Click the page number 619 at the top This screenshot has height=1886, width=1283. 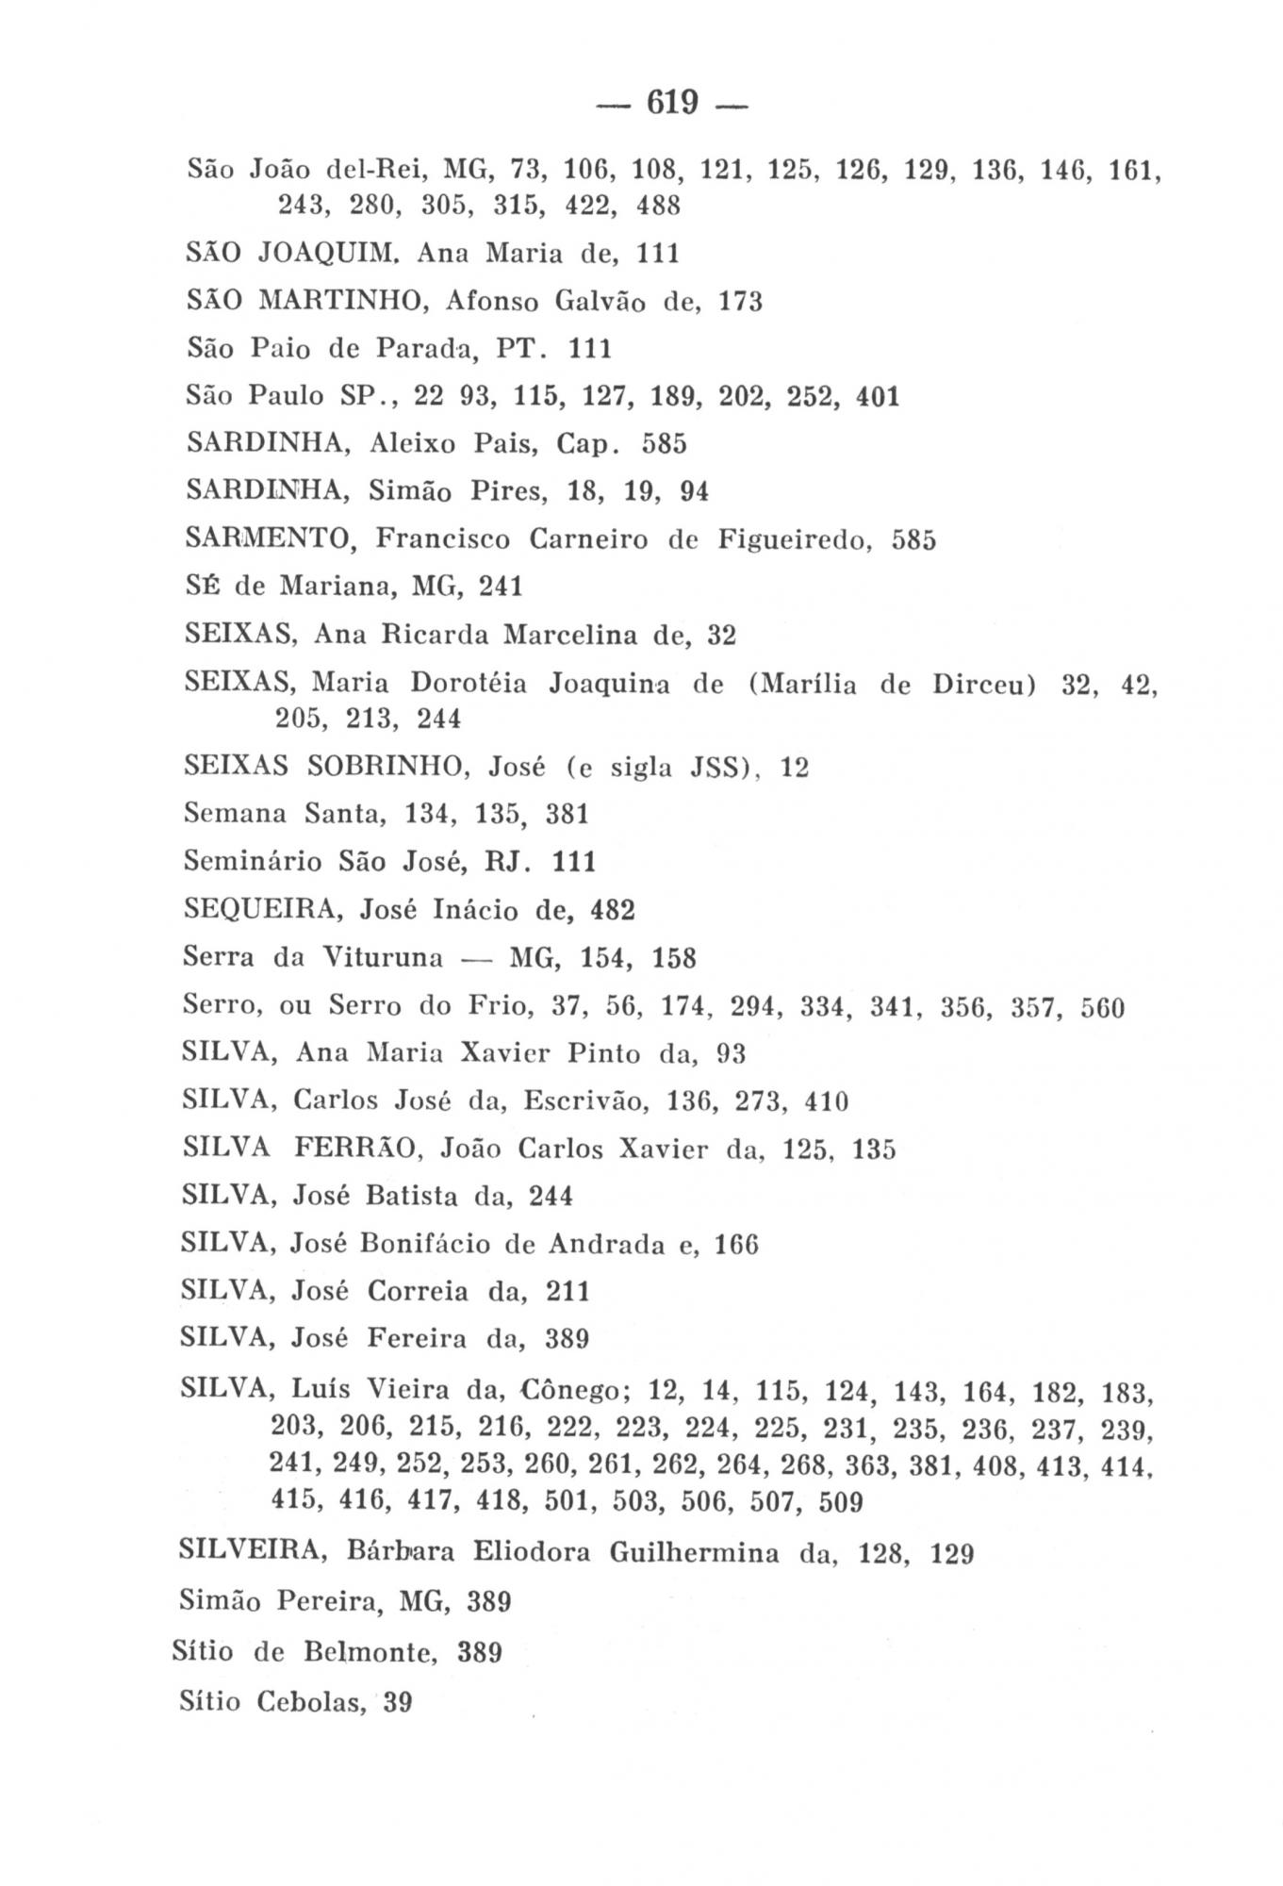(671, 101)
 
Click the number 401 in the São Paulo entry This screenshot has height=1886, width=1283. (878, 396)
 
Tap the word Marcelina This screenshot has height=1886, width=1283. (571, 636)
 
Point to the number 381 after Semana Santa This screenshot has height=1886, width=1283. (567, 814)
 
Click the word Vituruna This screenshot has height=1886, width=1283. (383, 959)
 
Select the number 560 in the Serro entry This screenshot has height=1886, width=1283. (1103, 1008)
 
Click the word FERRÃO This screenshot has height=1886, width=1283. (355, 1149)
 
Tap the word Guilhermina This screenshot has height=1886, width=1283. (694, 1553)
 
